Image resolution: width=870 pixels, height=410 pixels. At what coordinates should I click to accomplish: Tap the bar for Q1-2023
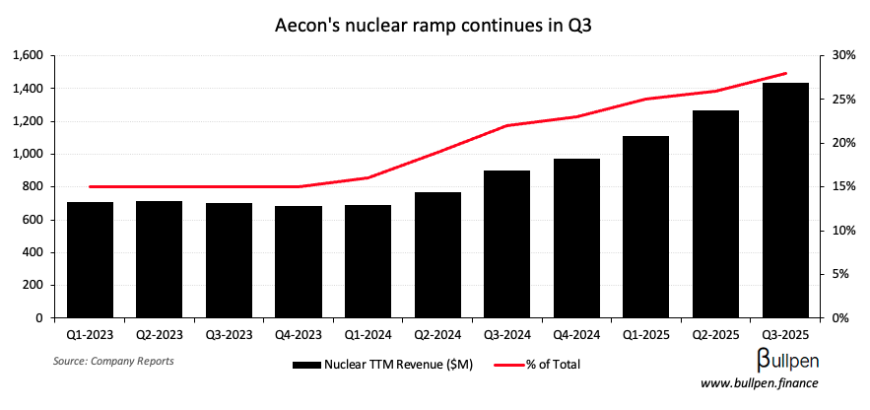click(x=90, y=260)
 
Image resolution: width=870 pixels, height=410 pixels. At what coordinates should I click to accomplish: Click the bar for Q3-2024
click(x=507, y=244)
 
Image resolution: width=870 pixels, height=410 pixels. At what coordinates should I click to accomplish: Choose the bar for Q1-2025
click(x=646, y=227)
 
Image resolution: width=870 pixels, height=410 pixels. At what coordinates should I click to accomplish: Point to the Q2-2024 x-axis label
click(x=437, y=334)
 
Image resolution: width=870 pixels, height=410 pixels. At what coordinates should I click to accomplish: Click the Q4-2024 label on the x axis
click(x=576, y=334)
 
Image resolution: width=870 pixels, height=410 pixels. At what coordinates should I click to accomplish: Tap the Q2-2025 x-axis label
click(x=715, y=334)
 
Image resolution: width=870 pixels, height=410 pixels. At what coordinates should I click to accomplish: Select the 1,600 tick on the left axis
click(x=30, y=55)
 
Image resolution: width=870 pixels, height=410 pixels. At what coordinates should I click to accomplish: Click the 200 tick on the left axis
click(x=37, y=285)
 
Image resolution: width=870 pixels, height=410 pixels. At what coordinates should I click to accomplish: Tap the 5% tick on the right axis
click(x=843, y=274)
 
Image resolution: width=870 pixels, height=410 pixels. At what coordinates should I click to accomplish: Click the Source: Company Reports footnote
click(x=113, y=361)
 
